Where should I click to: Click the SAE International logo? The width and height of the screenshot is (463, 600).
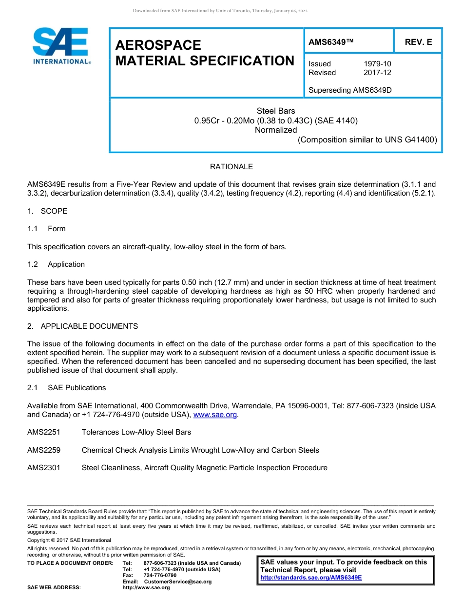click(60, 46)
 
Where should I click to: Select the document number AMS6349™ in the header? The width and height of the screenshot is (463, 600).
click(331, 42)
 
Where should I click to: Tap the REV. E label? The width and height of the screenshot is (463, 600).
click(418, 42)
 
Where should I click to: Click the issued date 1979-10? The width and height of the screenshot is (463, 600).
click(377, 64)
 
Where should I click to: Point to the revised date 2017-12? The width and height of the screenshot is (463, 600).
click(377, 73)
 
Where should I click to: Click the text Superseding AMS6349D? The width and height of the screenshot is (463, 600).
click(350, 90)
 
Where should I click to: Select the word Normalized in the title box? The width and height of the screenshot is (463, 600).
click(276, 130)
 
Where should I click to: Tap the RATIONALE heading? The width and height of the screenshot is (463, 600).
click(231, 167)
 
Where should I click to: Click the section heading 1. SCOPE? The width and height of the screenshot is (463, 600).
click(47, 211)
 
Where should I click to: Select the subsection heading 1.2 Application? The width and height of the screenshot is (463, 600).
click(56, 264)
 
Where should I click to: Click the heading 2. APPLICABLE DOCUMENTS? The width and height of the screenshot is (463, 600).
click(82, 326)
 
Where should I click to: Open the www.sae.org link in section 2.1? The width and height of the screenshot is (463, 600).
click(215, 415)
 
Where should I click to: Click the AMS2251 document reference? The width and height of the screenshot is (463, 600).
click(44, 432)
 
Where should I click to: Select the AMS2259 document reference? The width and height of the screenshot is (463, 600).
click(44, 450)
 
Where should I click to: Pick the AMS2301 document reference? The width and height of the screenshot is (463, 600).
click(44, 468)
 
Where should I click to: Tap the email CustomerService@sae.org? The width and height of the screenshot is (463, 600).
click(178, 581)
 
